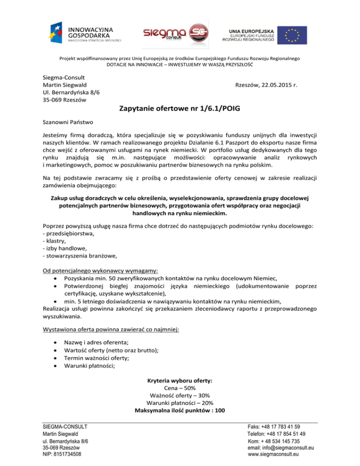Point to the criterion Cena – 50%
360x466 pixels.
tap(180, 388)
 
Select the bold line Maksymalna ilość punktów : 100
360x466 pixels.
tap(180, 411)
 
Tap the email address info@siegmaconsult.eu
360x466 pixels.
tap(281, 448)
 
